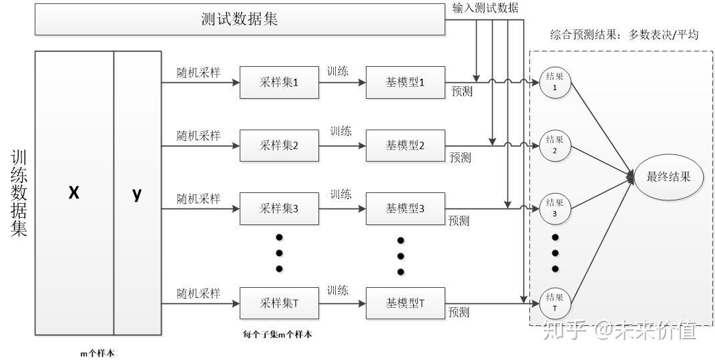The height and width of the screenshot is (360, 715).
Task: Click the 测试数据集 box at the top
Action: (239, 19)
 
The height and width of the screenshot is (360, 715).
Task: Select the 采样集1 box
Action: (279, 83)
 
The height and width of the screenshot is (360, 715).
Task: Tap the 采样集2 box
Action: (279, 145)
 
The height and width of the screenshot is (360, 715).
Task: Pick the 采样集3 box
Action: (279, 208)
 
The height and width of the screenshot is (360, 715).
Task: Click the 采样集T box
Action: (279, 303)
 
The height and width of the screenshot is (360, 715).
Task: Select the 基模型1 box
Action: (405, 83)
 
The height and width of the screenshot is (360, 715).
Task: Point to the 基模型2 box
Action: (405, 145)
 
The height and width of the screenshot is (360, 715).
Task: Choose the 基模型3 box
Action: (405, 208)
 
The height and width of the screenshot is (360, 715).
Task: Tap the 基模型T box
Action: (405, 303)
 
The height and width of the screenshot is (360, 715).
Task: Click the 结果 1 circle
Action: (555, 82)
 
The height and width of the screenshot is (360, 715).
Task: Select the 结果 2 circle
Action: (555, 145)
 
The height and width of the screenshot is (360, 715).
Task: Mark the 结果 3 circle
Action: (555, 208)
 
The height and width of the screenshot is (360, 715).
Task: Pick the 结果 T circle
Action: (555, 303)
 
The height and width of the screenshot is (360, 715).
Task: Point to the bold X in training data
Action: (74, 193)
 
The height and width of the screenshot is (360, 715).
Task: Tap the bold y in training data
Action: (137, 194)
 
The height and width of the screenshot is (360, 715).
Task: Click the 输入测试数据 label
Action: (485, 8)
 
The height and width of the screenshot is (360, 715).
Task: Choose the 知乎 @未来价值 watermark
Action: (620, 329)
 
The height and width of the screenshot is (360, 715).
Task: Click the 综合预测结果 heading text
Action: (624, 35)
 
